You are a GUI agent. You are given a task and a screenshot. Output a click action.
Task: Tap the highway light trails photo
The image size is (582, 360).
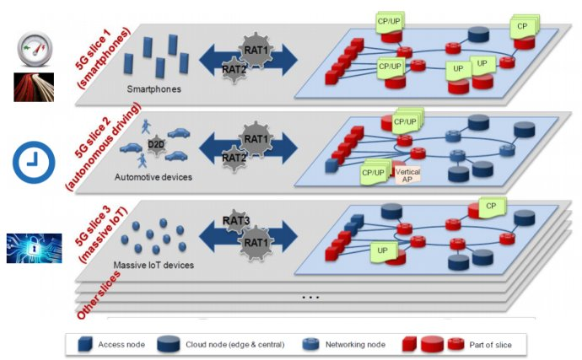pyautogui.click(x=34, y=87)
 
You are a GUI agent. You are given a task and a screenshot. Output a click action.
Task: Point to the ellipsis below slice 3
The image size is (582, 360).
pyautogui.click(x=311, y=298)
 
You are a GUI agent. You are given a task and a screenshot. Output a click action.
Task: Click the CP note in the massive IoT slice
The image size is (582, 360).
pyautogui.click(x=491, y=205)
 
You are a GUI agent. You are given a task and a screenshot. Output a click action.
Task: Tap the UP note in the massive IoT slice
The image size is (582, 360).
pyautogui.click(x=382, y=250)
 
